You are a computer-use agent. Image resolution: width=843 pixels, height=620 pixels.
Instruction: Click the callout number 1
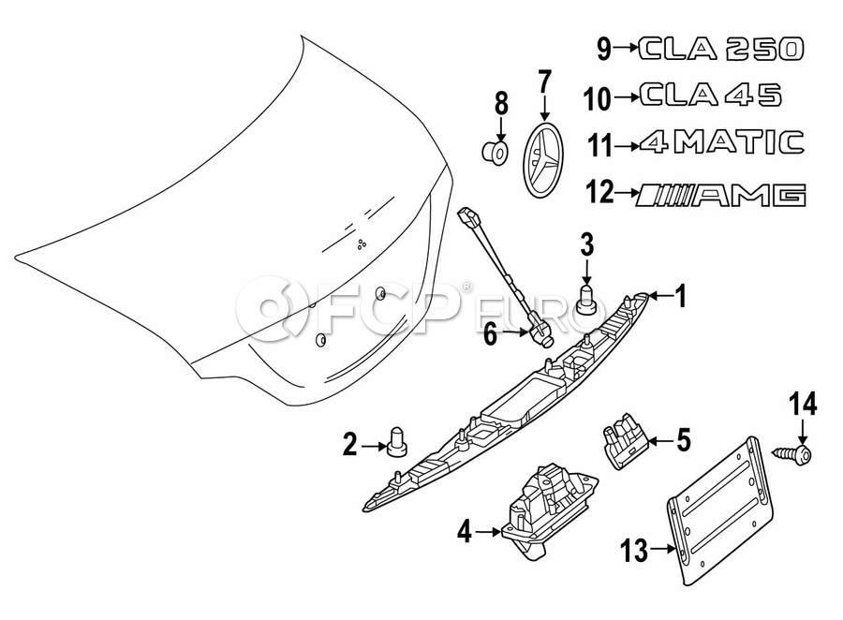[681, 298]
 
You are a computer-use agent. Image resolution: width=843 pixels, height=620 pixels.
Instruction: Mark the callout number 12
[599, 194]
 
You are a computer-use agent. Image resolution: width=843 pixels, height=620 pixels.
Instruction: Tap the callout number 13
[634, 551]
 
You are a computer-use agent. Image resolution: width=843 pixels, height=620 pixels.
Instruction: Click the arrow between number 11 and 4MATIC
[625, 145]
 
